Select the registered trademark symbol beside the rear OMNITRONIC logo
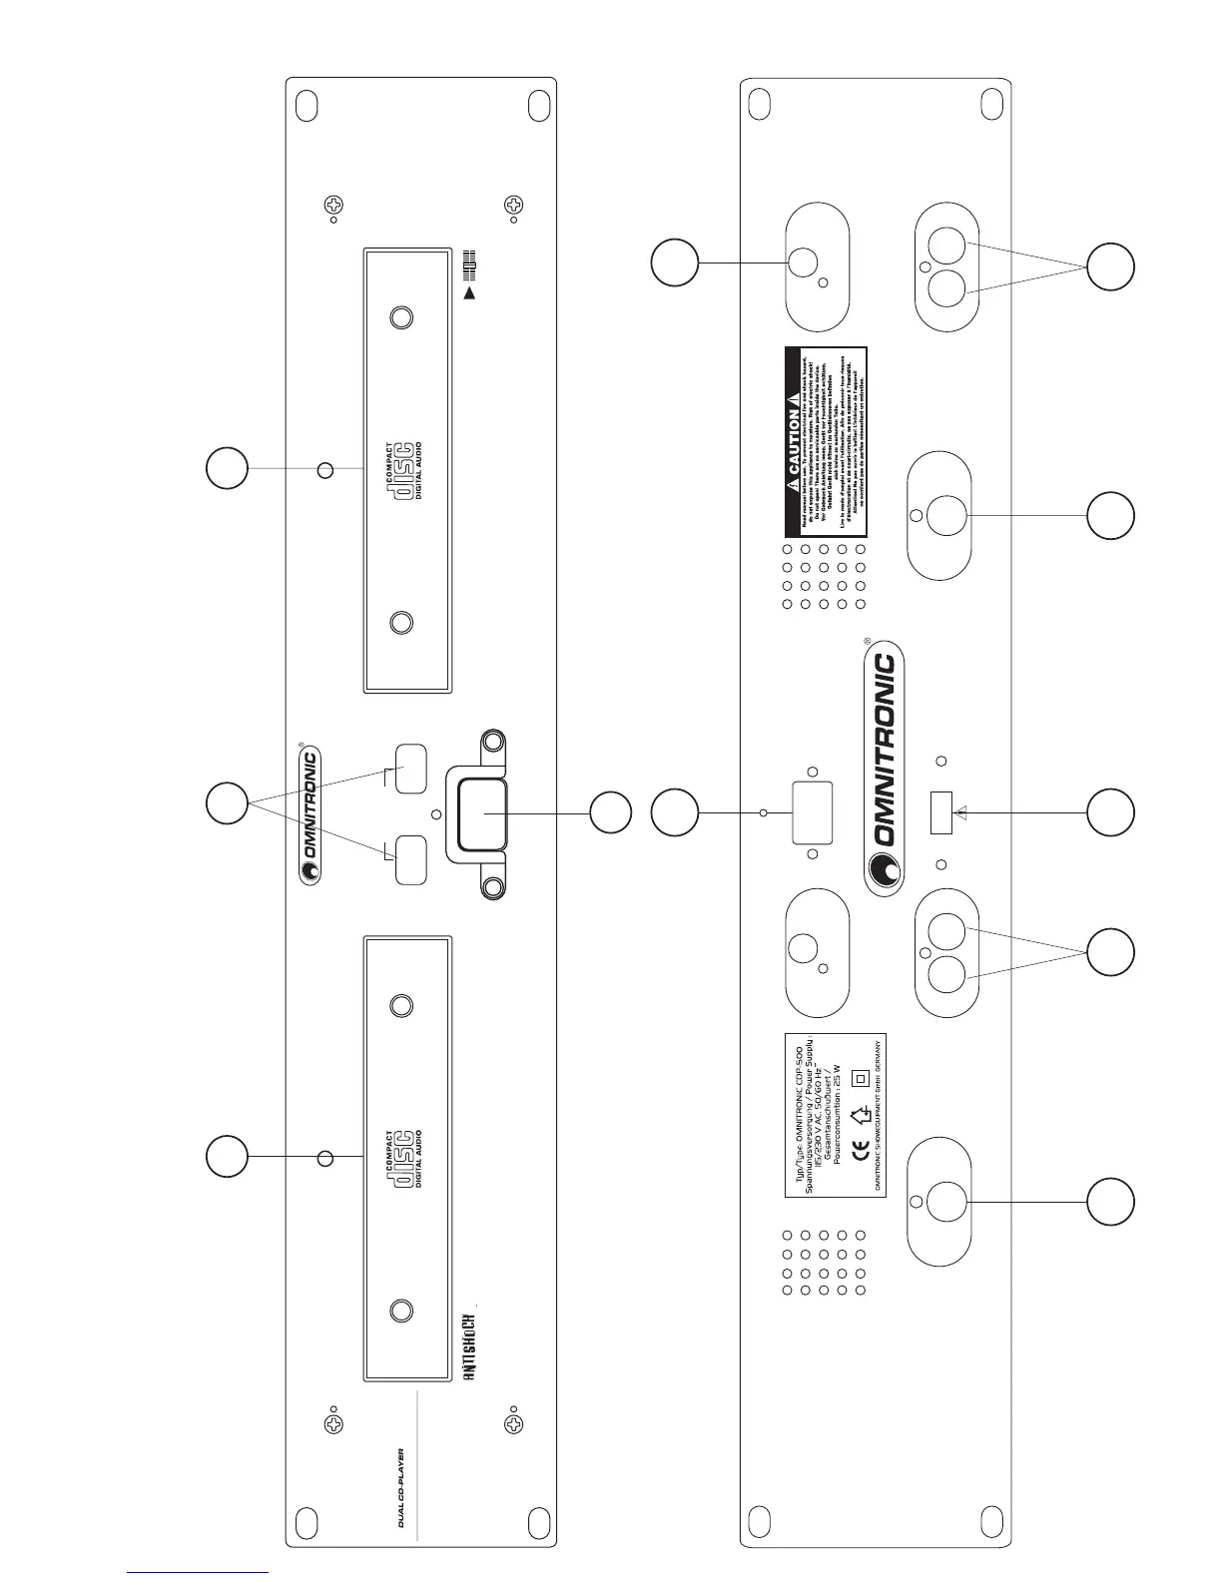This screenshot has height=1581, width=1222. tap(868, 641)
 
